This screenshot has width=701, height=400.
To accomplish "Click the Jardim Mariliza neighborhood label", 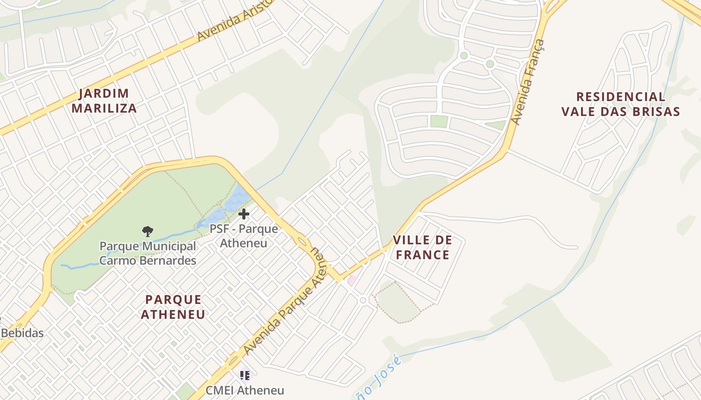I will click(104, 101).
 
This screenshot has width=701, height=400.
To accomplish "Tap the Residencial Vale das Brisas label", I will click(620, 104).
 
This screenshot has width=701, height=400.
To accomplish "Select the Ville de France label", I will click(422, 247).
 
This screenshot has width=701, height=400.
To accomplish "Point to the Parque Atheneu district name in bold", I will click(173, 307).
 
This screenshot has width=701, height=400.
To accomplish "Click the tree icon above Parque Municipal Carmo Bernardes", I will click(147, 231).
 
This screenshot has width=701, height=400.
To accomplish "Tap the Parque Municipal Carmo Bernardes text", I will click(148, 253).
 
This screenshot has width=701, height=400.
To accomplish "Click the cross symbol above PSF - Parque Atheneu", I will click(244, 214).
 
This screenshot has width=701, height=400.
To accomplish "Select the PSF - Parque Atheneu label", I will click(243, 236).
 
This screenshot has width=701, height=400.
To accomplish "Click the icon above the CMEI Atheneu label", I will click(244, 374).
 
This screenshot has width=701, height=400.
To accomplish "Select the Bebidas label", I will click(23, 333).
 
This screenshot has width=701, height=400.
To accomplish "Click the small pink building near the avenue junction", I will click(352, 280).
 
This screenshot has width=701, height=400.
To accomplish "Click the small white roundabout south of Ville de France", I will click(364, 300).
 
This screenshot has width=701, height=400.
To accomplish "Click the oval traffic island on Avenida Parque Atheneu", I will click(302, 242).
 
